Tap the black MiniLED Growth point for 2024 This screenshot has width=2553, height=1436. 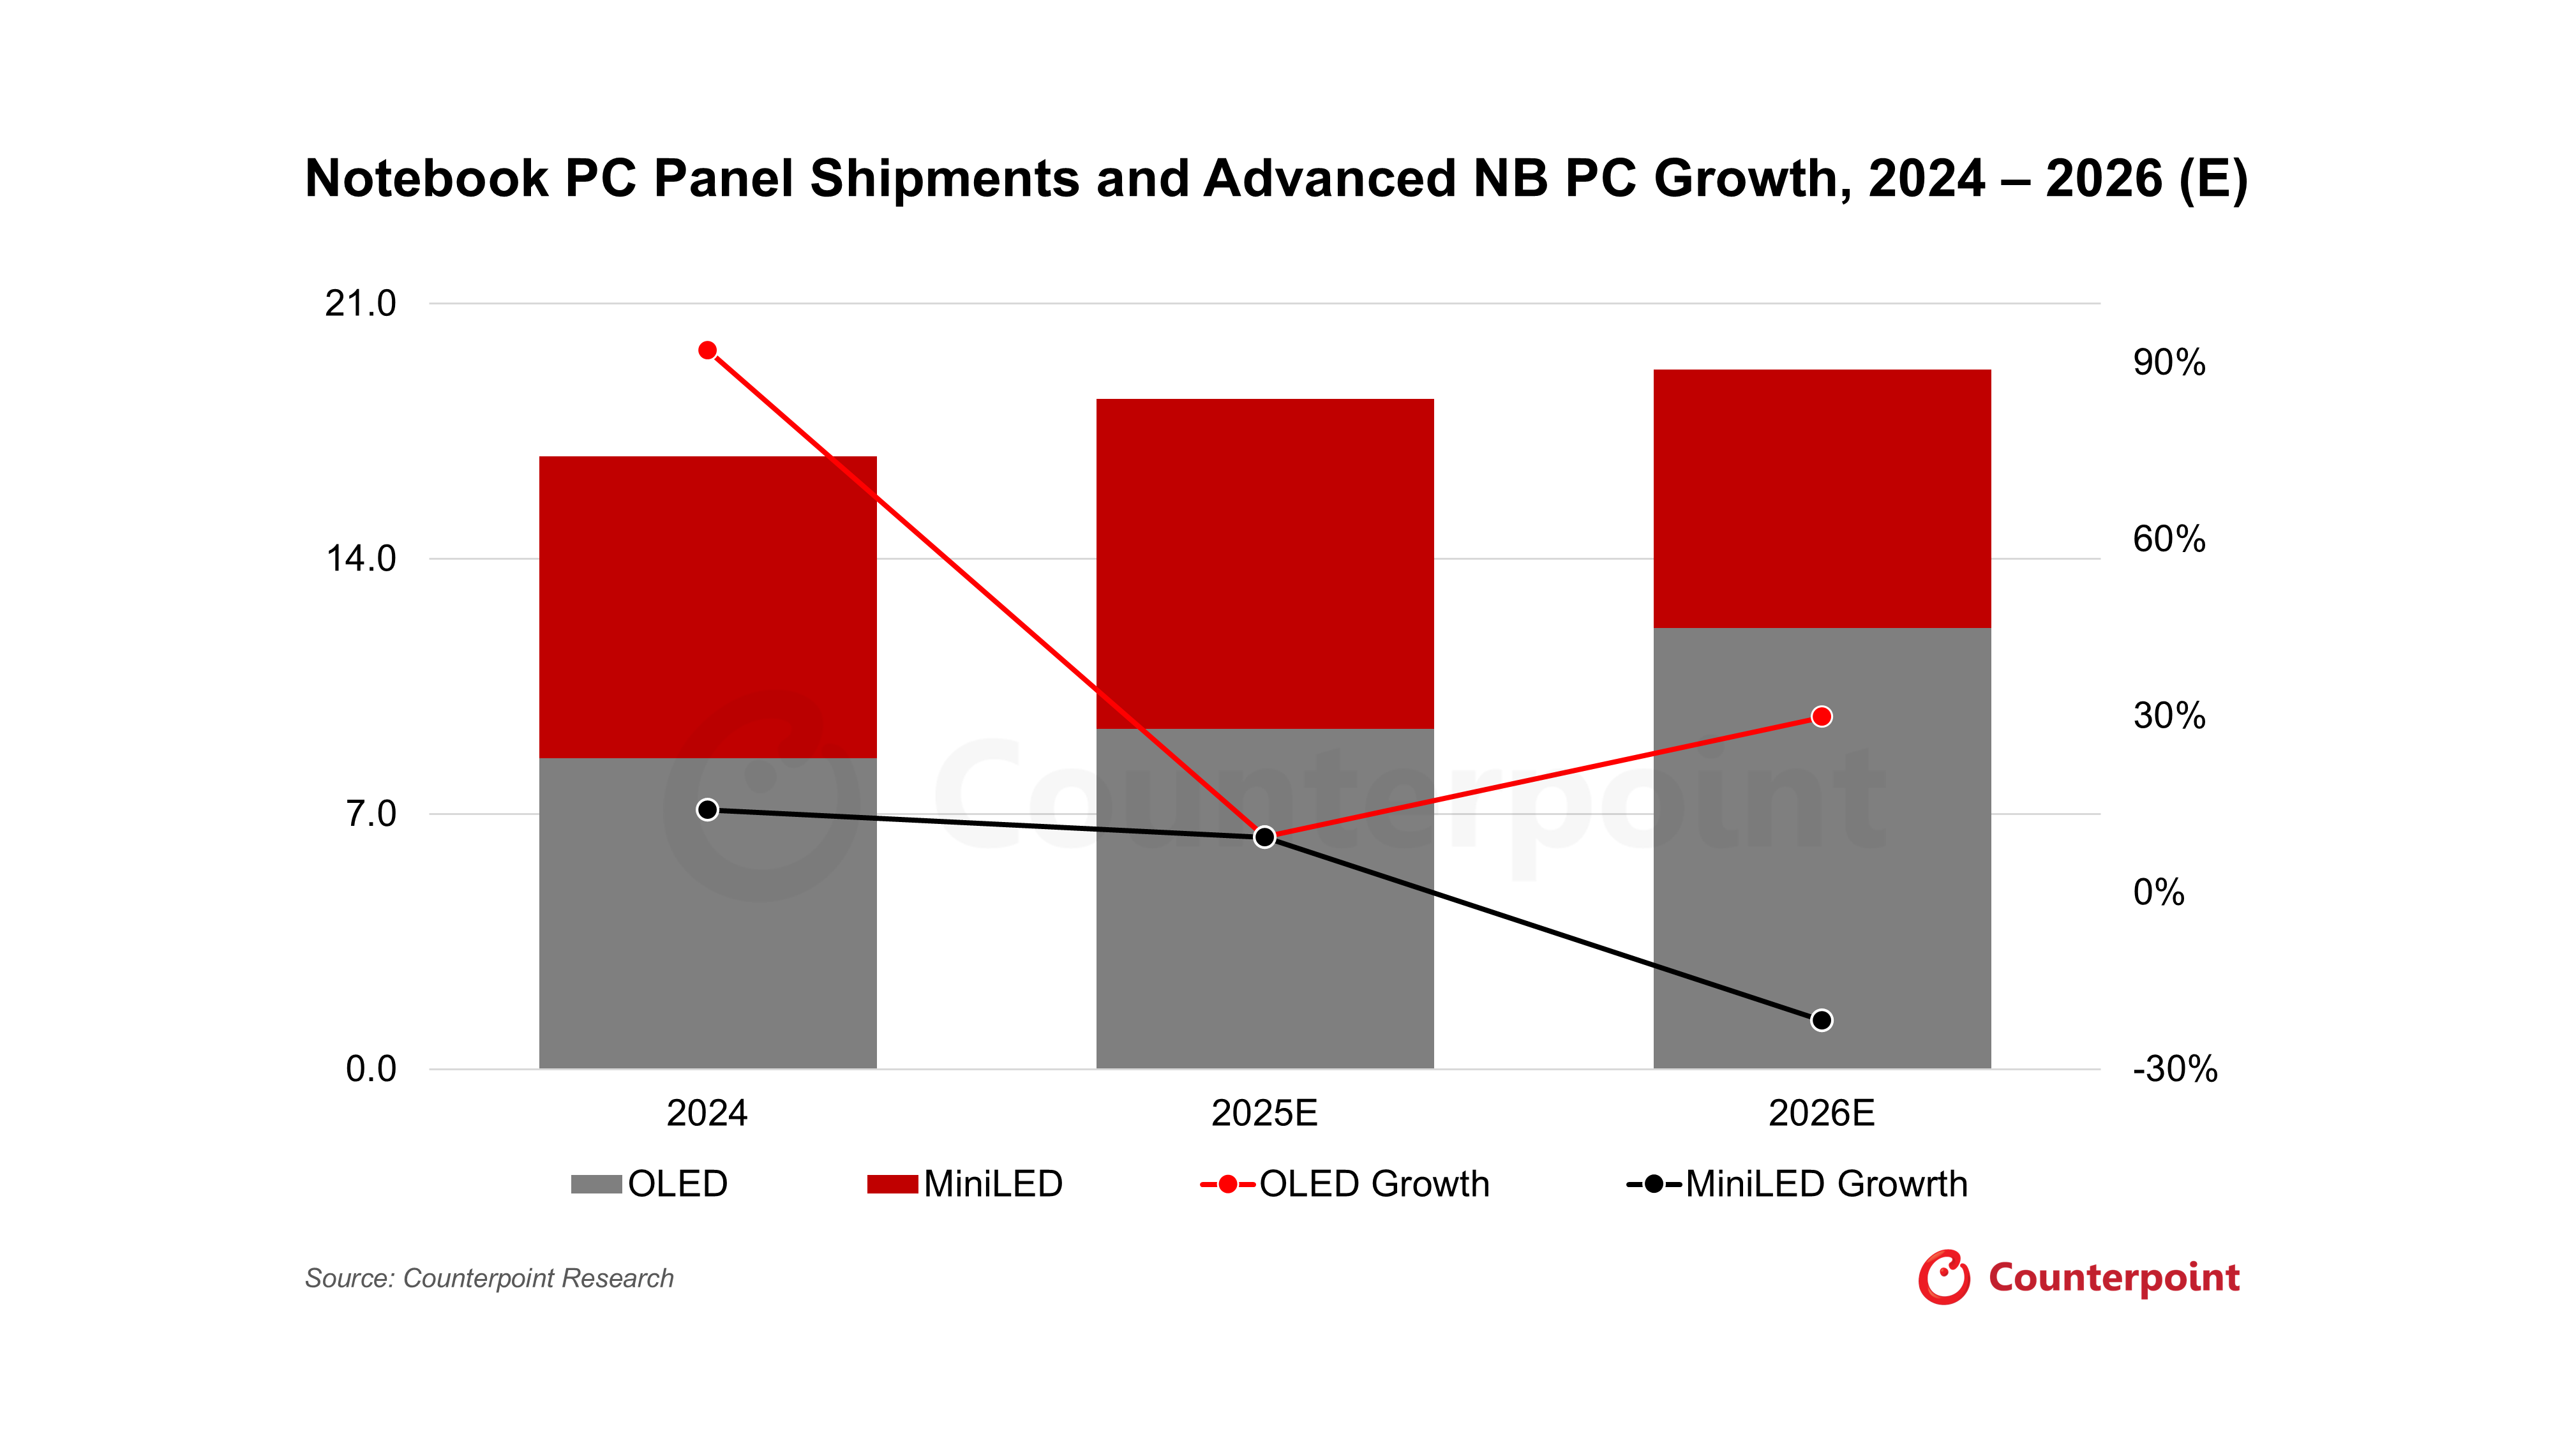click(x=708, y=810)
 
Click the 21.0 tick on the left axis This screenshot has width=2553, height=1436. click(x=361, y=303)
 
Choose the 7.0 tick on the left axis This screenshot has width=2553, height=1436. click(x=371, y=814)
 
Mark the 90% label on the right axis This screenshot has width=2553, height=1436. click(x=2169, y=363)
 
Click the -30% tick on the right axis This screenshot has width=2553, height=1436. click(x=2175, y=1069)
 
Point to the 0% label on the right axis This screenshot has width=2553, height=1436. click(x=2159, y=893)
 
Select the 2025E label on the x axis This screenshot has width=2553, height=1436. click(x=1264, y=1114)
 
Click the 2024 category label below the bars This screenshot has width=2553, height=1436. click(x=708, y=1114)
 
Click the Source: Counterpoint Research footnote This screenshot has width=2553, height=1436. click(x=490, y=1278)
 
